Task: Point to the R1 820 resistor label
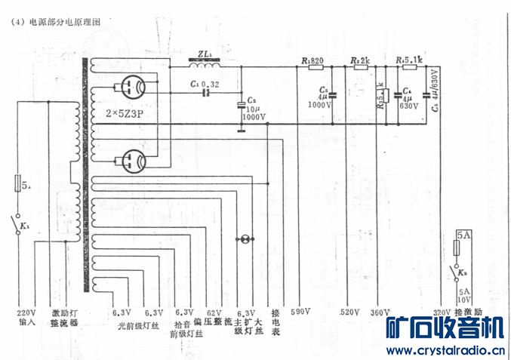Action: point(312,60)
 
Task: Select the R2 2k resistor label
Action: point(360,60)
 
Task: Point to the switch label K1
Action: point(25,226)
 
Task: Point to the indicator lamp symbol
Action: point(244,239)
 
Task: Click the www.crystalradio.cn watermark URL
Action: point(444,350)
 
